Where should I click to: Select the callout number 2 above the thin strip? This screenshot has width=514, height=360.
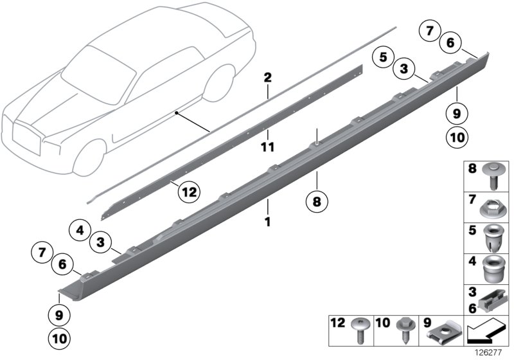(267, 78)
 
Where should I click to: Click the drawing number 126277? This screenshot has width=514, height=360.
(489, 353)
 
